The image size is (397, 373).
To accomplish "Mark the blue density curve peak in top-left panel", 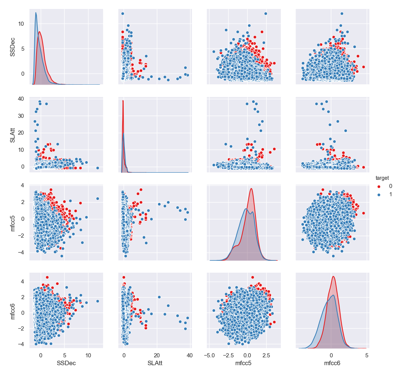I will [x=36, y=13].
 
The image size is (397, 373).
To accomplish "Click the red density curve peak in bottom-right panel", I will [x=333, y=276].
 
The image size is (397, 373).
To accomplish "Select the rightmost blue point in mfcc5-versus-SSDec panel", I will [x=97, y=198].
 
